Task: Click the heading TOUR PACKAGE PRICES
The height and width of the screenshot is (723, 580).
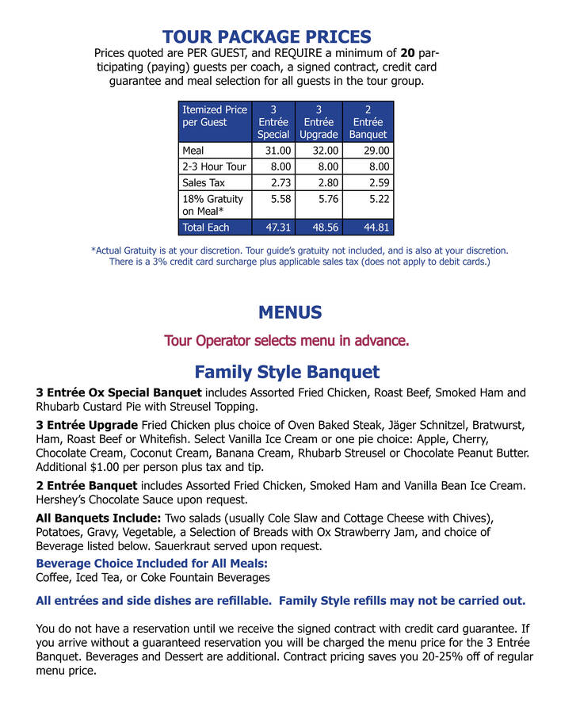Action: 266,37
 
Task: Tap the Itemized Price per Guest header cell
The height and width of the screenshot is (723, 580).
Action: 215,116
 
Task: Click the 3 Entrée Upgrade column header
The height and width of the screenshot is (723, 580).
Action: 319,122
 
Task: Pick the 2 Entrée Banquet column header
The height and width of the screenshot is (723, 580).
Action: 368,122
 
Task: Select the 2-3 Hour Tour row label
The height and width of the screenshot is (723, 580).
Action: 214,166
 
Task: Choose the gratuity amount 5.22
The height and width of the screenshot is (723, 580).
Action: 378,199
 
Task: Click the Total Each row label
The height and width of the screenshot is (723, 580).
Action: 206,228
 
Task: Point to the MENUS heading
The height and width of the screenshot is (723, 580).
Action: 290,312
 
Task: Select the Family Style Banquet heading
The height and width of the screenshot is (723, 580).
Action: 287,372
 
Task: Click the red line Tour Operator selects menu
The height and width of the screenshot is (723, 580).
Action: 287,341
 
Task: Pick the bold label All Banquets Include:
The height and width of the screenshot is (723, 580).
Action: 99,518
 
